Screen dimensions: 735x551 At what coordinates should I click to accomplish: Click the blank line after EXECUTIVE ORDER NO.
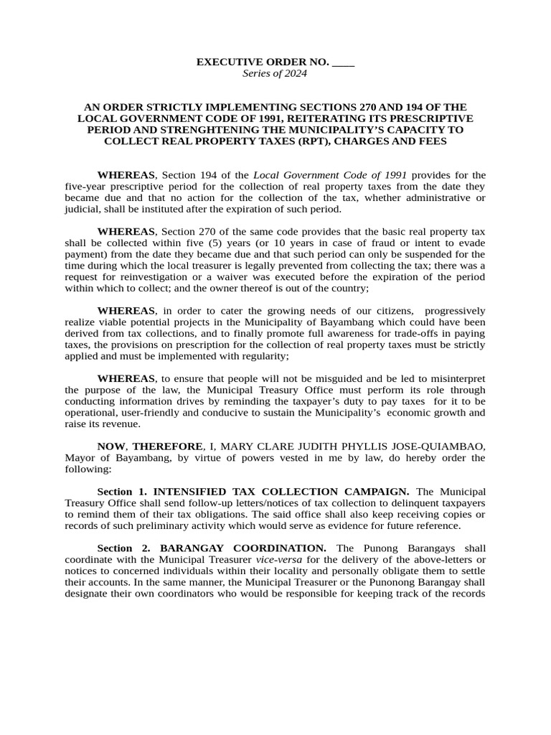(343, 63)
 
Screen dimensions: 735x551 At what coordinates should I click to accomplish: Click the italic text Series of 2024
(275, 74)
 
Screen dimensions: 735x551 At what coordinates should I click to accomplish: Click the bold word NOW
(110, 446)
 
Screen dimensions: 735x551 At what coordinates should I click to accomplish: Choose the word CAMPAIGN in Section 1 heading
(375, 492)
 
